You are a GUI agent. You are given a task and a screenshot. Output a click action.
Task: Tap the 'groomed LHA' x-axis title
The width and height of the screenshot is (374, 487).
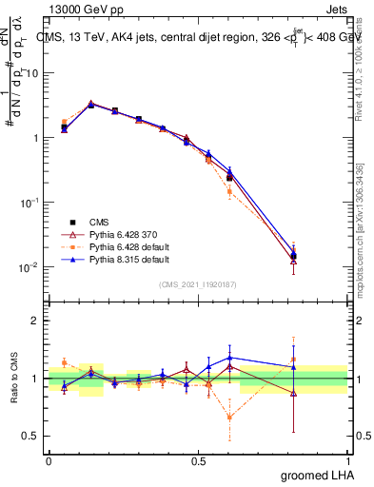coord(315,475)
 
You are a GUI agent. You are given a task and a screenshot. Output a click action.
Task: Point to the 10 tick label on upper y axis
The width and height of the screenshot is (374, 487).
coord(31,73)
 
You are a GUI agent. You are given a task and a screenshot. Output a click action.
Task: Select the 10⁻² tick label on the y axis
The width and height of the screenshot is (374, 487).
coord(30,267)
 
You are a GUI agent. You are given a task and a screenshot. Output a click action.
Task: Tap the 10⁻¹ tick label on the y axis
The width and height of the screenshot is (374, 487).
coord(30,203)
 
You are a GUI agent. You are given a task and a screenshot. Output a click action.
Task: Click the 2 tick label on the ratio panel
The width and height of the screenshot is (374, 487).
coord(34,321)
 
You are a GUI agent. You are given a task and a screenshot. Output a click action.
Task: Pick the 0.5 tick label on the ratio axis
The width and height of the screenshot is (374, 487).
coord(30,436)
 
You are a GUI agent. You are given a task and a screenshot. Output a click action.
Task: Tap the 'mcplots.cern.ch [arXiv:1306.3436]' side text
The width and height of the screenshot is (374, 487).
coord(361,228)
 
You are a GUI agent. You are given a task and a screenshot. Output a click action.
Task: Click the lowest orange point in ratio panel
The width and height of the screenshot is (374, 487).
coord(229,417)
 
